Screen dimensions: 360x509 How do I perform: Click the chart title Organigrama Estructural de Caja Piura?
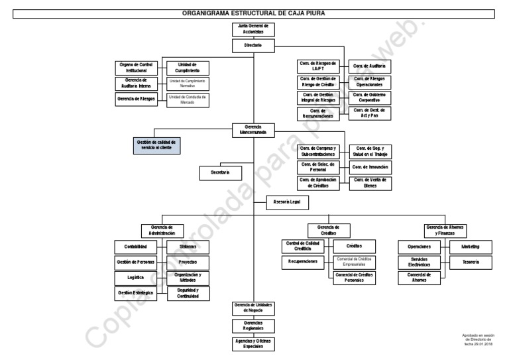click(x=254, y=13)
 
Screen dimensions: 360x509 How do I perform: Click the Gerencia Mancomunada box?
click(x=253, y=130)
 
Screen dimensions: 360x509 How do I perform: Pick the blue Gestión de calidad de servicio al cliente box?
click(x=156, y=145)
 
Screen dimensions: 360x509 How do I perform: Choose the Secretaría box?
click(x=221, y=172)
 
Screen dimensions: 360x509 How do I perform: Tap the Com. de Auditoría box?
click(x=370, y=66)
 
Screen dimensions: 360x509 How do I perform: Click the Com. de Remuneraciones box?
click(x=318, y=113)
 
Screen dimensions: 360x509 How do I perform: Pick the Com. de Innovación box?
click(x=370, y=167)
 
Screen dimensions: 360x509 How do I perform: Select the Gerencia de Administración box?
click(x=162, y=230)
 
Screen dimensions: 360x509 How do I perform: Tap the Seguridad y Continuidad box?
click(x=187, y=294)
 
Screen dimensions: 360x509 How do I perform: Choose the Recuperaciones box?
click(x=303, y=262)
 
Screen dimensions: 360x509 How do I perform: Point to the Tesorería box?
click(x=466, y=262)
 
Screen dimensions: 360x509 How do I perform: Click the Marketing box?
click(x=466, y=247)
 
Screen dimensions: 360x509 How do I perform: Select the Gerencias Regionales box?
click(x=253, y=326)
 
